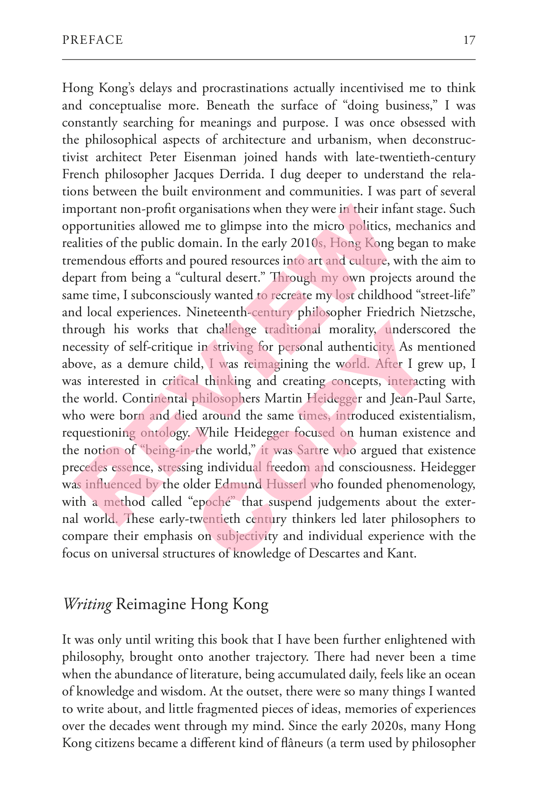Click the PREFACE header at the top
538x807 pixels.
click(92, 40)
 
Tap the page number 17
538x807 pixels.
click(469, 40)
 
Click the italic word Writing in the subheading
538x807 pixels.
click(88, 605)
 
